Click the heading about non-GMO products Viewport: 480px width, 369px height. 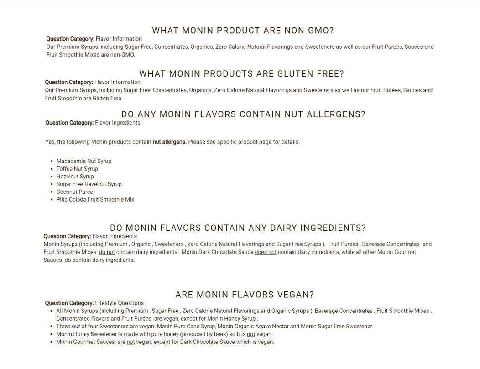(243, 31)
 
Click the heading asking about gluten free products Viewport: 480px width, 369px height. (241, 74)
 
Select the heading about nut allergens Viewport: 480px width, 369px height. (243, 114)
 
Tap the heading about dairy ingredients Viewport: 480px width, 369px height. (238, 228)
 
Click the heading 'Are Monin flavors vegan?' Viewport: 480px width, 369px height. (245, 295)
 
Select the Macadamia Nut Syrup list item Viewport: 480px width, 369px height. (84, 161)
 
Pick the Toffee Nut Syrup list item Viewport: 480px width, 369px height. (77, 169)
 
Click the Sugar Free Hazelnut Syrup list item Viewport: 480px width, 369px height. (89, 184)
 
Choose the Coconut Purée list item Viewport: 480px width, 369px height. (75, 192)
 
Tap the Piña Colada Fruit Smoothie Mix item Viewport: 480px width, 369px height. (95, 200)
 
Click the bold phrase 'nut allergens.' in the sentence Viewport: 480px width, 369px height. (169, 142)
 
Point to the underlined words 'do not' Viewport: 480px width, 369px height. (107, 252)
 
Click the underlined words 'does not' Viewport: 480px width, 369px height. (266, 252)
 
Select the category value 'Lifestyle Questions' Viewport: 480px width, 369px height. (119, 303)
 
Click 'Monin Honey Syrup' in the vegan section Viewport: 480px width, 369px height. (231, 319)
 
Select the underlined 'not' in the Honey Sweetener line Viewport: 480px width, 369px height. (251, 334)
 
